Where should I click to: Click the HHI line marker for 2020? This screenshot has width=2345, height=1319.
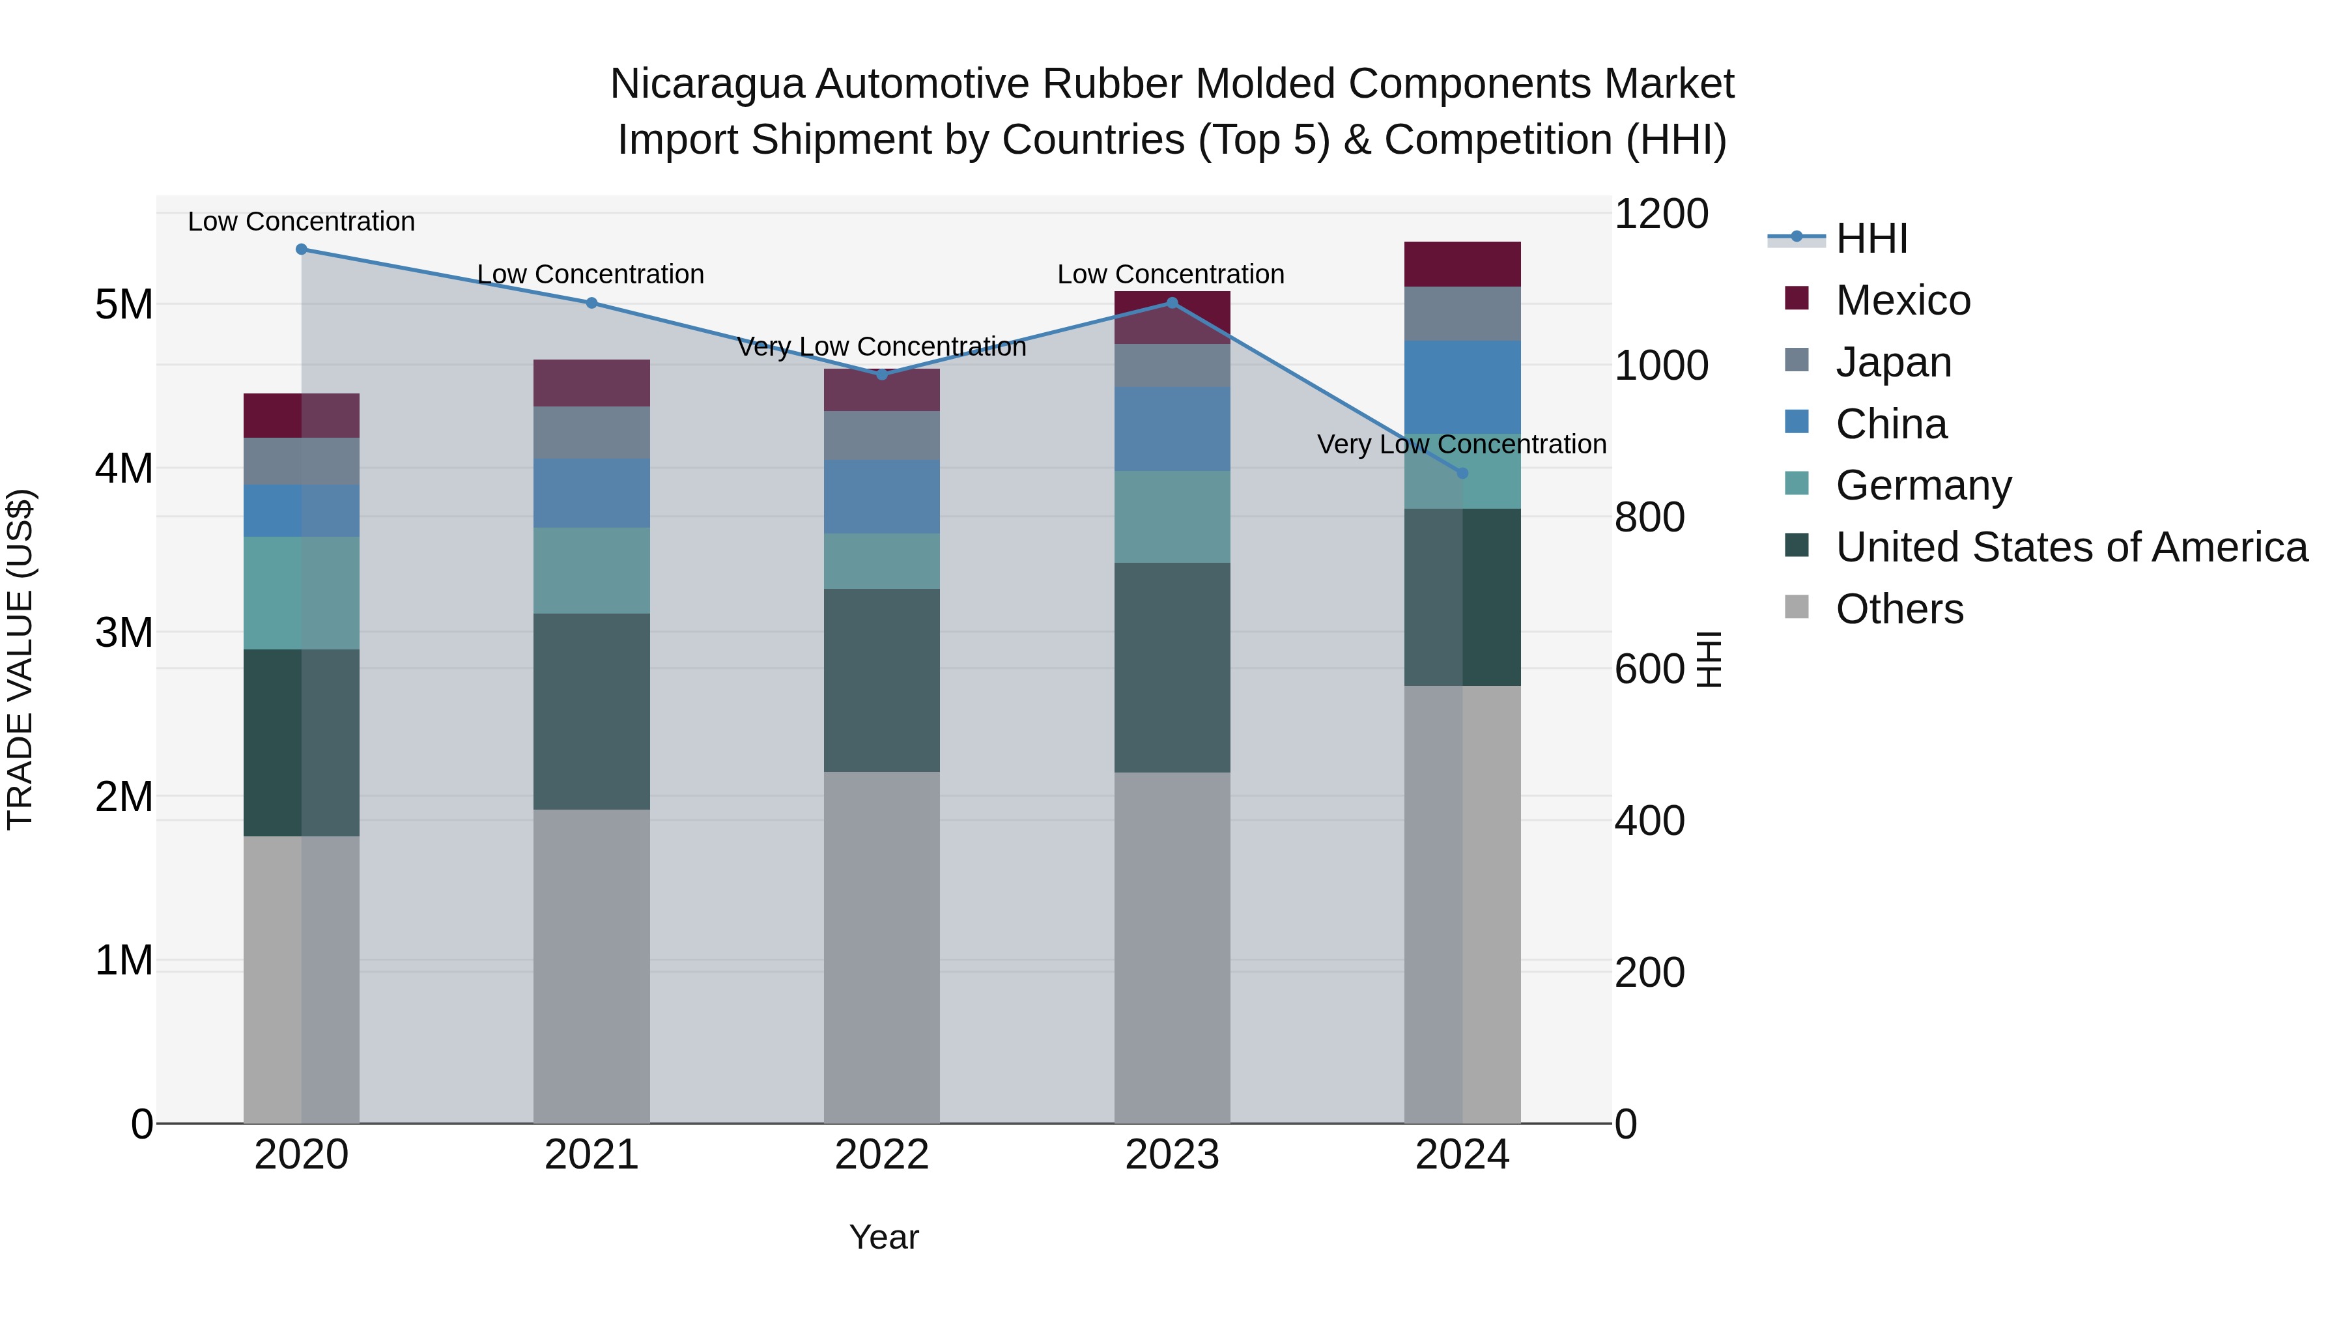pyautogui.click(x=302, y=249)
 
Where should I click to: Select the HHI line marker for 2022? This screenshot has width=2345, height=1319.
pyautogui.click(x=881, y=374)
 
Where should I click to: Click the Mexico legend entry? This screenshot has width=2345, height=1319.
pyautogui.click(x=1903, y=300)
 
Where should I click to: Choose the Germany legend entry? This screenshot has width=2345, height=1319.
pyautogui.click(x=1923, y=485)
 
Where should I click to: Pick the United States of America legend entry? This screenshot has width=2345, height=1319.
pyautogui.click(x=2071, y=547)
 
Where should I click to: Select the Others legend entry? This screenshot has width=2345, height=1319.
pyautogui.click(x=1899, y=609)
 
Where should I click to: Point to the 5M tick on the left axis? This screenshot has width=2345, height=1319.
pyautogui.click(x=124, y=305)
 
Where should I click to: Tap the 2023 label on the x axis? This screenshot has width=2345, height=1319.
pyautogui.click(x=1172, y=1155)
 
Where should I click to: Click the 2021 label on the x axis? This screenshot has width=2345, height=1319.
pyautogui.click(x=591, y=1155)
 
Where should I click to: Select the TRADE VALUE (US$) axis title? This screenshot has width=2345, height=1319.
pyautogui.click(x=21, y=659)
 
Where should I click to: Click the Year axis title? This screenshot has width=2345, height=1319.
pyautogui.click(x=883, y=1237)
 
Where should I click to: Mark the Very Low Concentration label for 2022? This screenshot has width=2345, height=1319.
pyautogui.click(x=881, y=347)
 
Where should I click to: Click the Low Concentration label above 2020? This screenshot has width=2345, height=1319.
pyautogui.click(x=302, y=222)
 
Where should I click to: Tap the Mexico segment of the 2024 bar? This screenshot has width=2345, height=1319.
pyautogui.click(x=1462, y=264)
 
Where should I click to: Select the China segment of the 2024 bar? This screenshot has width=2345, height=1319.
pyautogui.click(x=1462, y=387)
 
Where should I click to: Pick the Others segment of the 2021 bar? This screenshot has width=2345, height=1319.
pyautogui.click(x=591, y=965)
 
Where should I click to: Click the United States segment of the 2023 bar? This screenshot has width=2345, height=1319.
pyautogui.click(x=1172, y=667)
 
